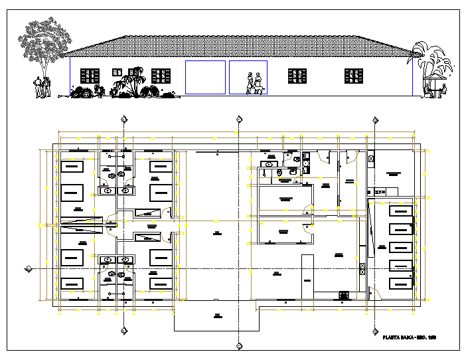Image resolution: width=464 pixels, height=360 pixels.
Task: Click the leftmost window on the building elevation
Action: point(89,76)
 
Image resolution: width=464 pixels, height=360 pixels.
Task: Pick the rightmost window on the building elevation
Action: point(353,76)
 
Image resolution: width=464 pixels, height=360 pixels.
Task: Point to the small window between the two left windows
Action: point(116,70)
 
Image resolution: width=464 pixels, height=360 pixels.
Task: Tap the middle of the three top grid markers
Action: point(238,120)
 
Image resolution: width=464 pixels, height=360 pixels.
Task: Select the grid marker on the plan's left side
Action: point(28,268)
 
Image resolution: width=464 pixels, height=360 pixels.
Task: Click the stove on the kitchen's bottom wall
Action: point(344,294)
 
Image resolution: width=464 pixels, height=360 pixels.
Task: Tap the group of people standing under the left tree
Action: point(42,87)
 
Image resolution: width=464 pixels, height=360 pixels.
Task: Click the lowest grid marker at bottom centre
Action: point(238,346)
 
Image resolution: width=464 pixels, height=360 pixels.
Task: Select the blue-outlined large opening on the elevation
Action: point(248,78)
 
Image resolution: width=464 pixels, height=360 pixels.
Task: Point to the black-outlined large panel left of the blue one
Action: point(204,78)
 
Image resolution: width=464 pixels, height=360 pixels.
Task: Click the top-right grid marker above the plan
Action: point(375,120)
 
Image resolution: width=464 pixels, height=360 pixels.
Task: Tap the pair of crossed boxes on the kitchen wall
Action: point(362,269)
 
